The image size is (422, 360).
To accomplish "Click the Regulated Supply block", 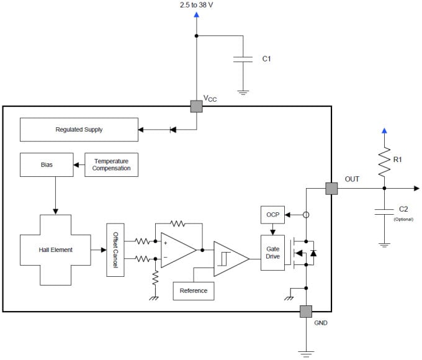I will click(x=79, y=130).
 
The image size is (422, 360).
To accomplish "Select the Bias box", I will click(x=47, y=165).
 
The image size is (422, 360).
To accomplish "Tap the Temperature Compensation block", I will click(x=111, y=165).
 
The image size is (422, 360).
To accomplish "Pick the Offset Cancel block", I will click(x=116, y=250).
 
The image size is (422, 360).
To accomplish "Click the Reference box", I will click(x=193, y=290).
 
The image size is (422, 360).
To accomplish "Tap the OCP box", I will click(x=272, y=215).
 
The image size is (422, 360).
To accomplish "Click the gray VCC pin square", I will click(x=196, y=106).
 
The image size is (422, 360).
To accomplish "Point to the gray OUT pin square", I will click(x=331, y=188).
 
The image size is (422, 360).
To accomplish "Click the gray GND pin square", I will click(x=306, y=312).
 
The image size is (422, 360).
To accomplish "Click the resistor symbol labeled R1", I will click(x=385, y=160).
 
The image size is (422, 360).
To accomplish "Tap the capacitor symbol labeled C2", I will click(x=385, y=212).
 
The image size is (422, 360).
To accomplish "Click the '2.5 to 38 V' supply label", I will click(x=197, y=6).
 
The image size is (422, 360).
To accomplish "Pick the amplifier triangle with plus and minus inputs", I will click(x=176, y=250).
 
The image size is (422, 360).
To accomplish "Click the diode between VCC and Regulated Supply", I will click(x=173, y=130).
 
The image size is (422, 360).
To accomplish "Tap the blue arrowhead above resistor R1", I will click(x=385, y=131).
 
